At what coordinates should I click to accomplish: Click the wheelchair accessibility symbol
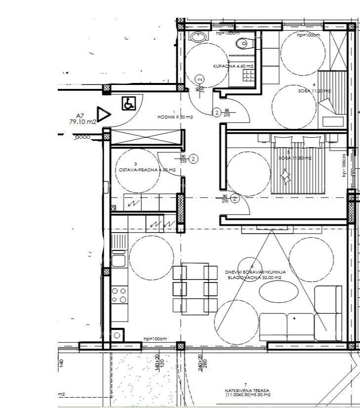(x=128, y=104)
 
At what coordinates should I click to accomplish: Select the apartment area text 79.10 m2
(x=83, y=122)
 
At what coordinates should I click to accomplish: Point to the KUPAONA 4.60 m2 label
(x=234, y=66)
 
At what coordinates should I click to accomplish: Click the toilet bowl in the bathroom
(x=242, y=44)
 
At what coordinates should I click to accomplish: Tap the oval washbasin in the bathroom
(x=198, y=36)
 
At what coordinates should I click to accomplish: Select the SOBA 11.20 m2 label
(x=314, y=91)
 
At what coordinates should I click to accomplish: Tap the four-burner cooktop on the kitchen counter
(x=119, y=295)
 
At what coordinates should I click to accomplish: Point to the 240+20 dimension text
(x=200, y=362)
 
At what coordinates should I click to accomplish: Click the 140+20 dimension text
(x=157, y=362)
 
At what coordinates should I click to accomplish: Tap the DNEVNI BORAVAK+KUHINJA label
(x=255, y=272)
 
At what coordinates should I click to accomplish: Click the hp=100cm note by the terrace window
(x=155, y=338)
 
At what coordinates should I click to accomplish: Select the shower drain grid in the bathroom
(x=248, y=75)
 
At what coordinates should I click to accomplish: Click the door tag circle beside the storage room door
(x=194, y=159)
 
